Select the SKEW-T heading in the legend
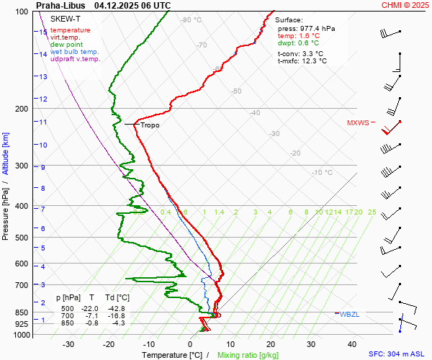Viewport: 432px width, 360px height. pos(65,18)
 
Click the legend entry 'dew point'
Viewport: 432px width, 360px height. pos(66,45)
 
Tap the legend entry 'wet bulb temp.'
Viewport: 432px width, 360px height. pos(75,52)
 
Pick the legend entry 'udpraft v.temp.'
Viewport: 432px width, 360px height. pos(76,59)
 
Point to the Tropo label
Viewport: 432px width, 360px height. pos(150,125)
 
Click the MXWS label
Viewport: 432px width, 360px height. pos(357,122)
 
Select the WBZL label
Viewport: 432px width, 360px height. pos(350,314)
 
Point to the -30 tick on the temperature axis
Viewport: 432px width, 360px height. pos(69,344)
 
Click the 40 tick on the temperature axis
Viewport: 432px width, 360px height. pos(351,344)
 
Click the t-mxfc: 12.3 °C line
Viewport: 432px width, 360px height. pos(302,61)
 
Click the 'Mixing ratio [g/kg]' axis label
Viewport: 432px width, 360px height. pos(248,355)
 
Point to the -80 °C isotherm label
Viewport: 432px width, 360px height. pos(192,20)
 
